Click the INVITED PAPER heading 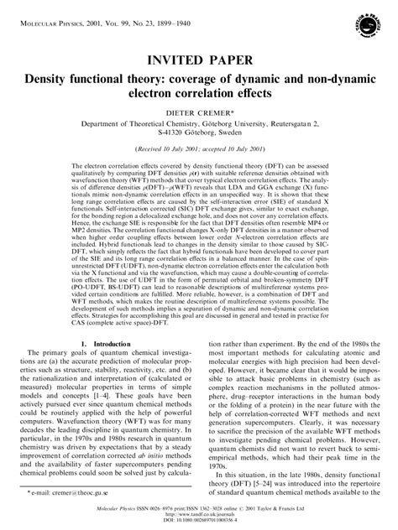[x=199, y=60]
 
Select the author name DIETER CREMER [x=198, y=110]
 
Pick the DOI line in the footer [x=199, y=522]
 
